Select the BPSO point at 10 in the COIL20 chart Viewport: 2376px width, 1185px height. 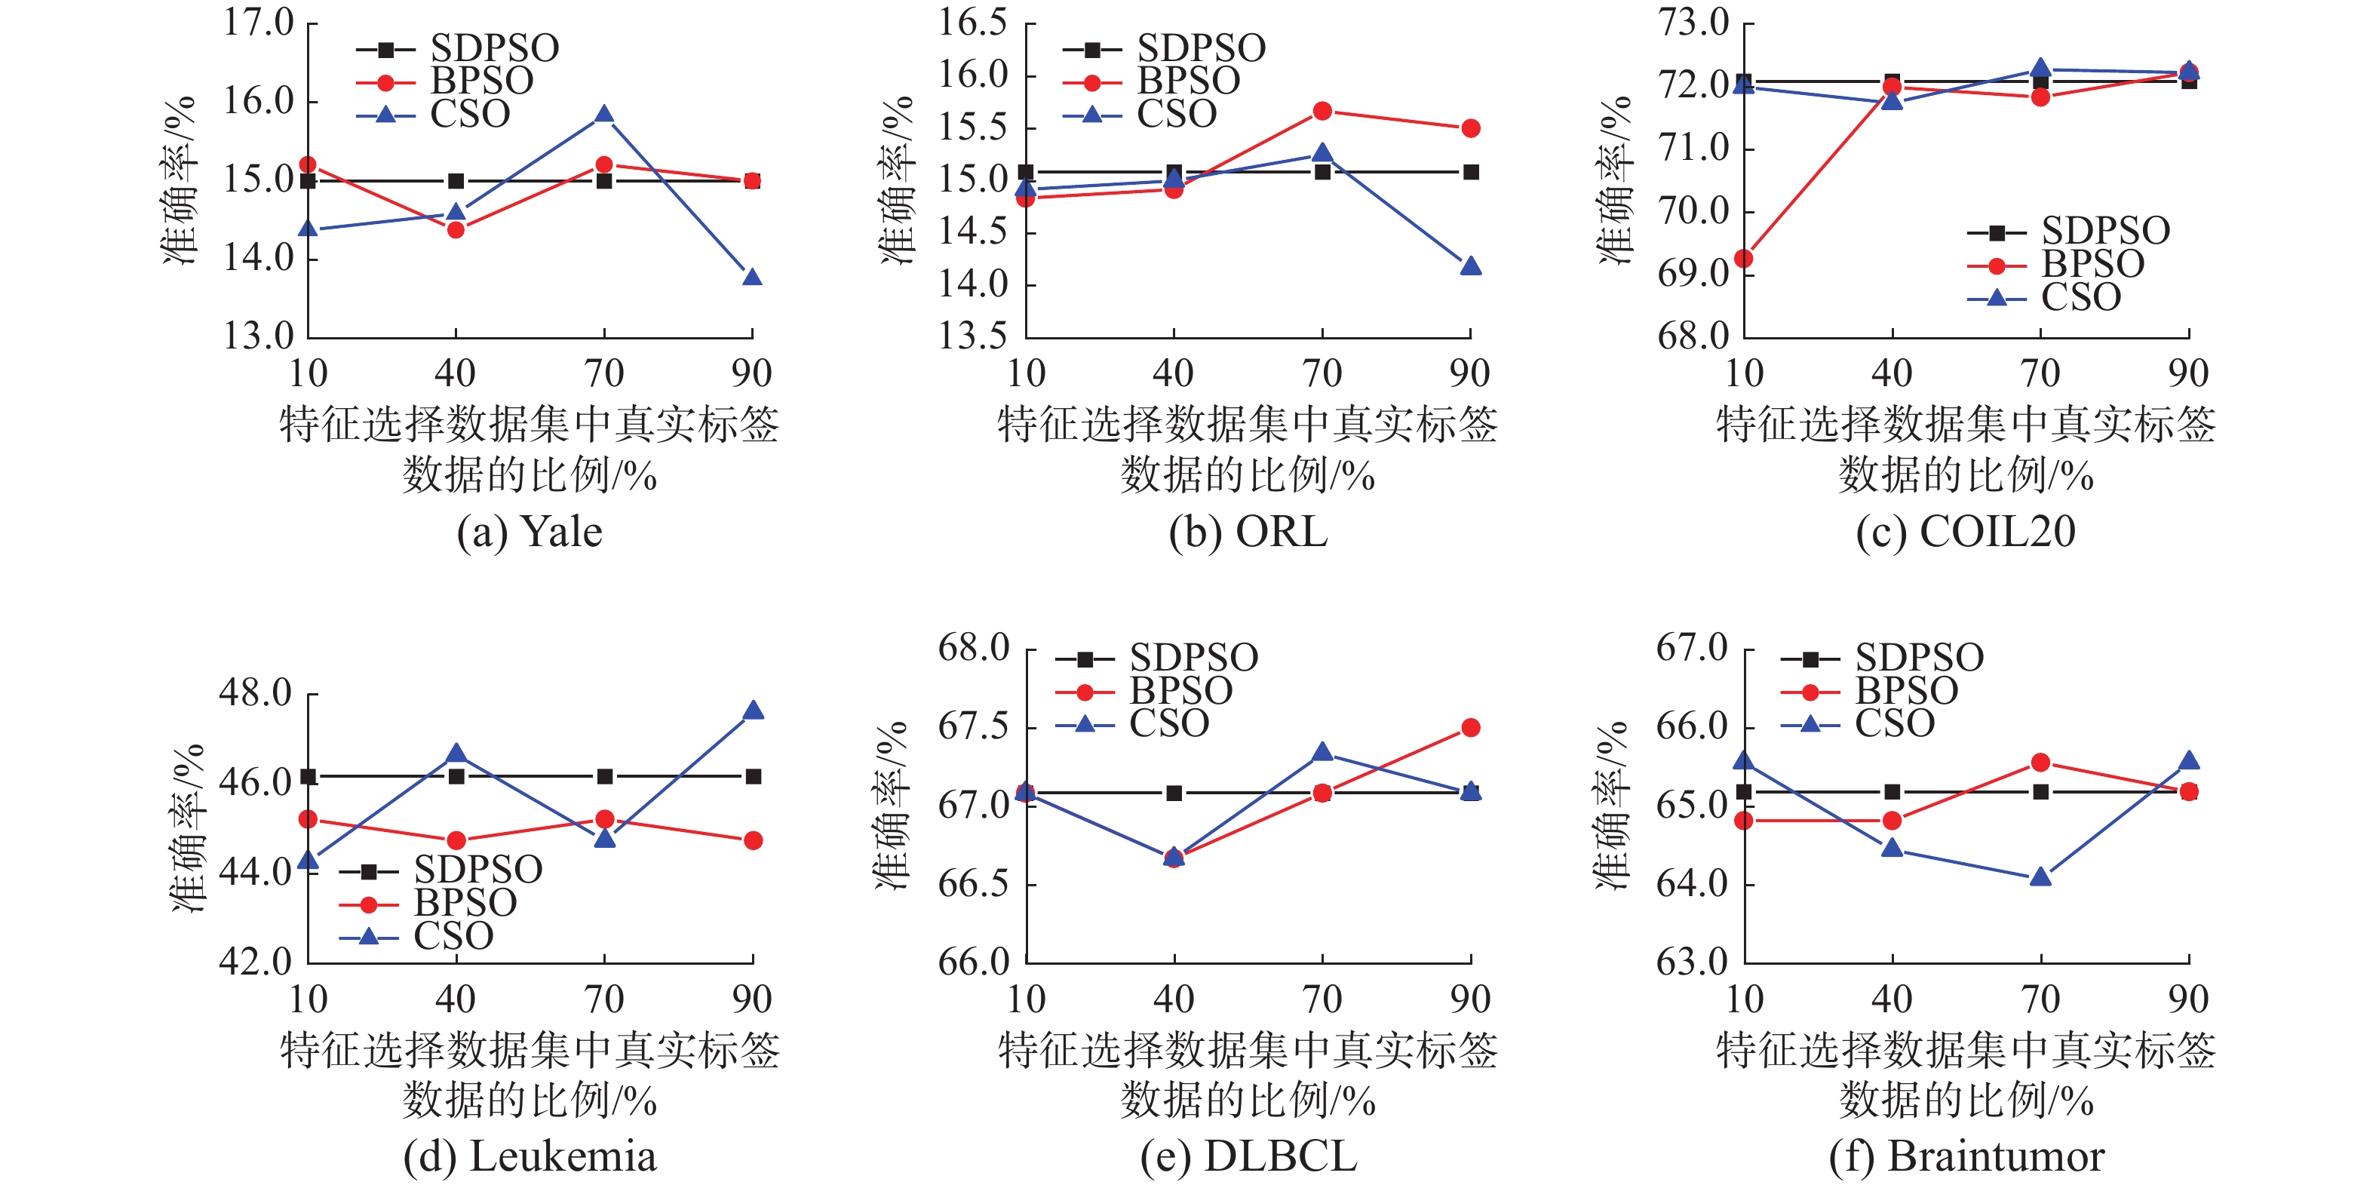tap(1743, 258)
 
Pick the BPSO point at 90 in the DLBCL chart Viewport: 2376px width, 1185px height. tap(1470, 728)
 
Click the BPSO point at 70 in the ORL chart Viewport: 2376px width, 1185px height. tap(1322, 111)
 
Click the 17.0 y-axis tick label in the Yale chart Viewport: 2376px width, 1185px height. tap(257, 23)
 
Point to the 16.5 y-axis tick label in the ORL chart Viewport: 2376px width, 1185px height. tap(973, 23)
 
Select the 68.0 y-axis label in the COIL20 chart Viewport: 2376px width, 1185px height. tap(1693, 336)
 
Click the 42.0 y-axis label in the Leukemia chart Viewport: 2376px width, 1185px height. tap(255, 962)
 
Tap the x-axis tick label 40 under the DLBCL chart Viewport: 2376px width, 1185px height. tap(1173, 999)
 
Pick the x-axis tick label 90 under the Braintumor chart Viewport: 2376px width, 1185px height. tap(2188, 999)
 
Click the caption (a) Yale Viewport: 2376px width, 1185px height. tap(530, 532)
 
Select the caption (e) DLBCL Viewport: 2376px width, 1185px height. tap(1248, 1156)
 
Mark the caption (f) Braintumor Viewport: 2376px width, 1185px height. tap(1966, 1156)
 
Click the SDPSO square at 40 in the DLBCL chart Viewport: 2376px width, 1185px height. tap(1173, 793)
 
